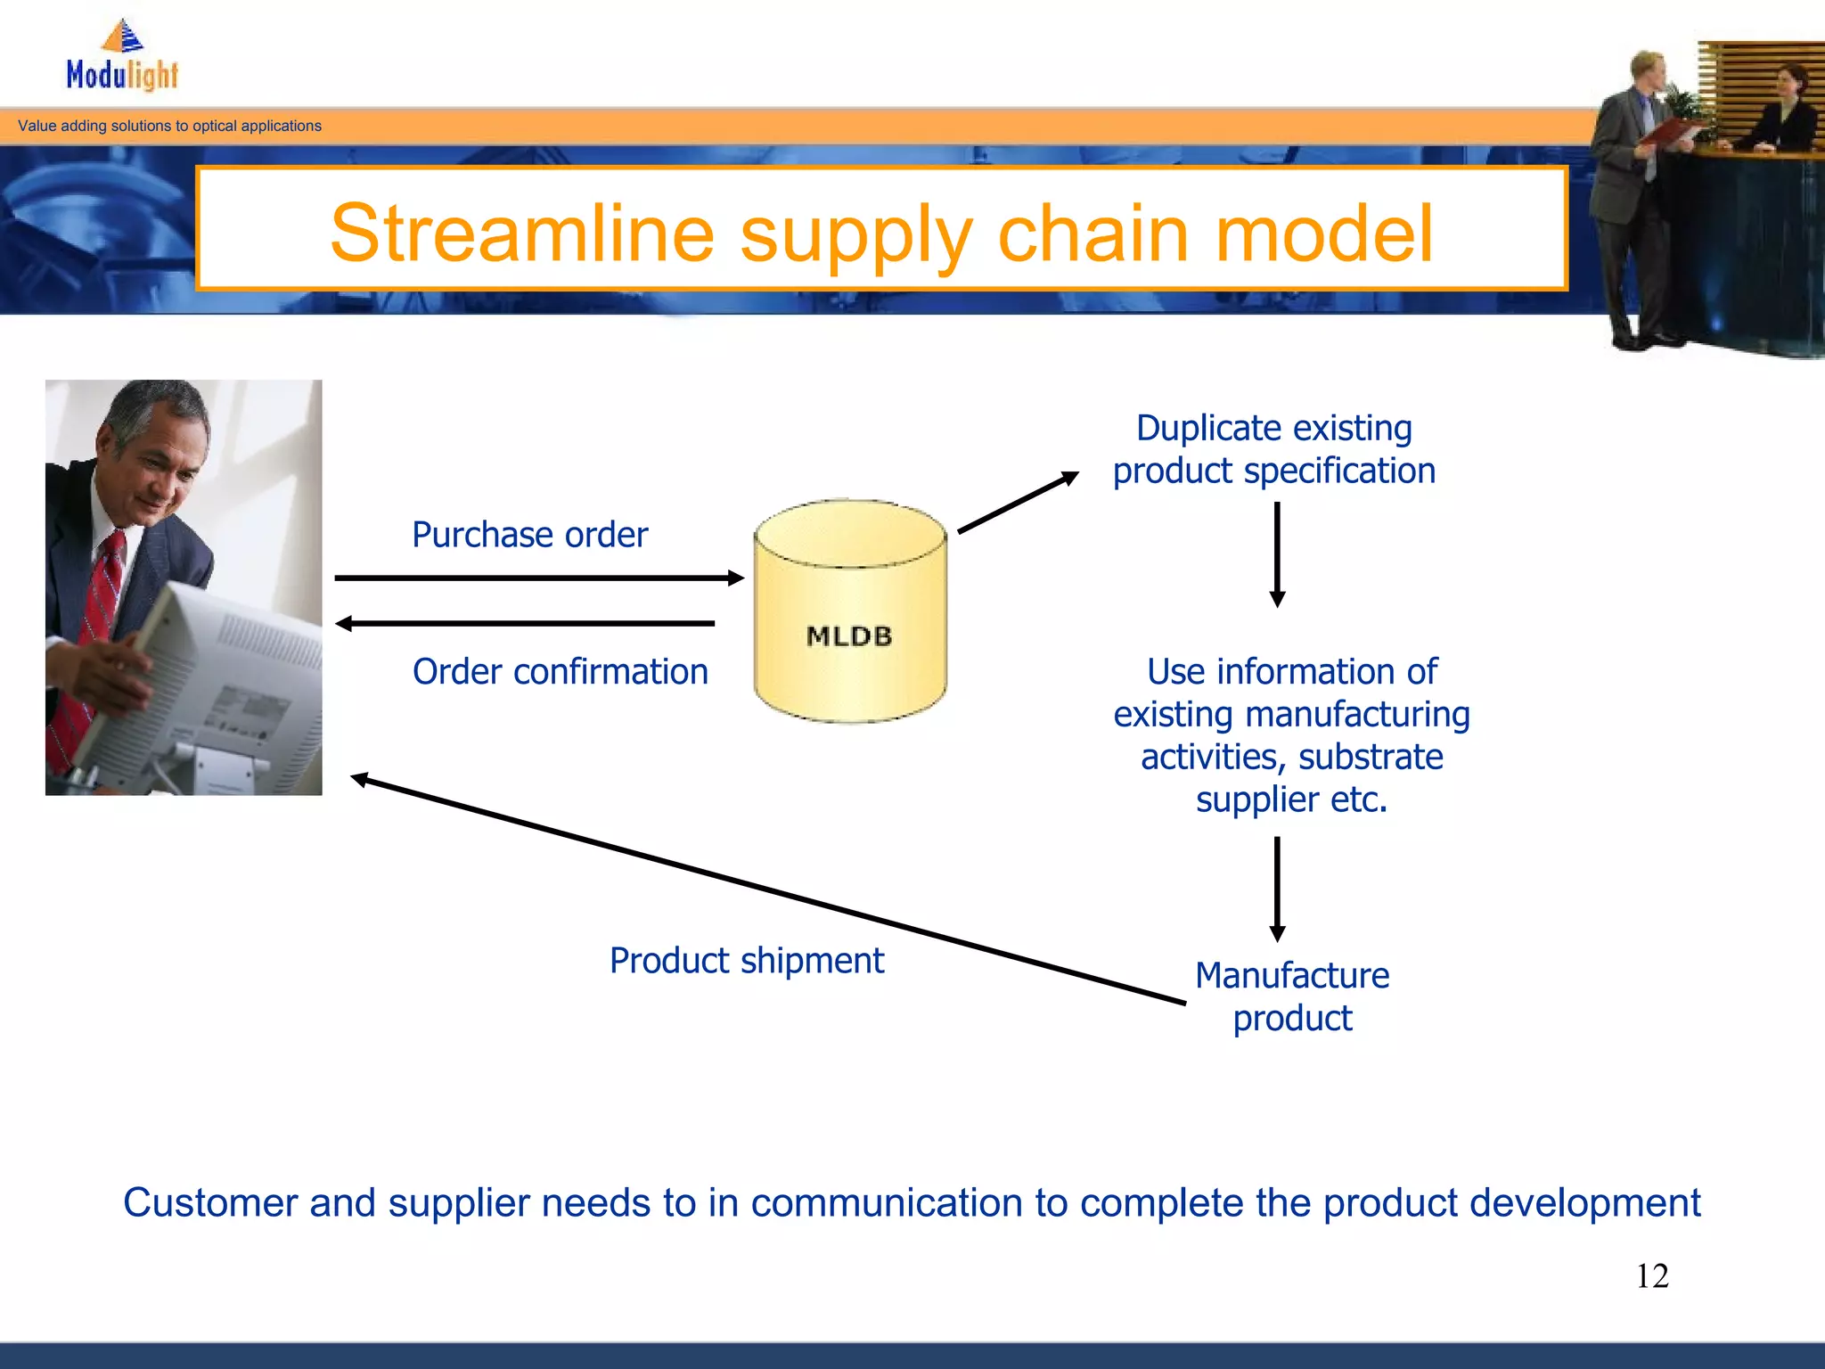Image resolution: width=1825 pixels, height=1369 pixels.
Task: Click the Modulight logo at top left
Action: click(122, 58)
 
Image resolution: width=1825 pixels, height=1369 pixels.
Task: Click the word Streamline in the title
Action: click(521, 234)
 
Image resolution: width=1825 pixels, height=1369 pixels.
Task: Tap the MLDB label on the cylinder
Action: click(849, 636)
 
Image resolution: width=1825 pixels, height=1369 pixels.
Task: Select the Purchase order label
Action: click(529, 535)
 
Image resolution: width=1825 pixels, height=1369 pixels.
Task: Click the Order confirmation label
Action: click(560, 672)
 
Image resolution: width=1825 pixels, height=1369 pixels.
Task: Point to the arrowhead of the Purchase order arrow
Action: click(736, 578)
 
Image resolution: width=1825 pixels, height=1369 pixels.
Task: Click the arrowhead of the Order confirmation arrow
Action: click(344, 624)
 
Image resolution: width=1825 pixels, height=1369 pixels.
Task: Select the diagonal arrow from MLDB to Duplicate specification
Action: click(1018, 504)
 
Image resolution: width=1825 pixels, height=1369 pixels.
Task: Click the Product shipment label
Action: click(747, 961)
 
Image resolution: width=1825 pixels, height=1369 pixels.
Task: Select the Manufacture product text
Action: click(1292, 996)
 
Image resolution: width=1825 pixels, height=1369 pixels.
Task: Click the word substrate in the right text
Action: click(1371, 758)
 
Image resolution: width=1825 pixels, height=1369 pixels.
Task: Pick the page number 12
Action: click(1652, 1276)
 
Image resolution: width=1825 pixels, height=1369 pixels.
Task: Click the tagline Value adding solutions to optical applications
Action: click(169, 127)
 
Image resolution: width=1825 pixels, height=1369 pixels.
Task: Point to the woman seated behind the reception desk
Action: click(1787, 111)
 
